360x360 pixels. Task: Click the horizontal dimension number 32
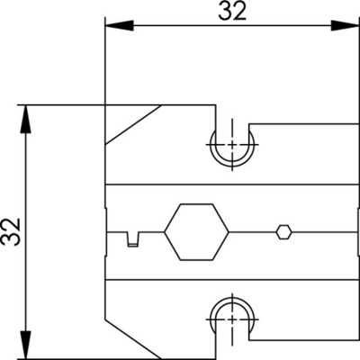(232, 12)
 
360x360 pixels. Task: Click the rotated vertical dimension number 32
(11, 231)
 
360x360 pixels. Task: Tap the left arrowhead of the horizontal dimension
(119, 25)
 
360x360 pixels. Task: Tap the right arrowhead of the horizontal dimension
(345, 25)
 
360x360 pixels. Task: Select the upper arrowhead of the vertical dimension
(26, 119)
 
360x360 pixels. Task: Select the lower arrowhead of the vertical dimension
(26, 345)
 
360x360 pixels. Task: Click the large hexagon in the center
(196, 232)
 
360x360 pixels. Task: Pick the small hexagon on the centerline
(283, 232)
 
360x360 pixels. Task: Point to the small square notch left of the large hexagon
(133, 238)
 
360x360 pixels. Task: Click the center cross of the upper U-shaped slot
(232, 145)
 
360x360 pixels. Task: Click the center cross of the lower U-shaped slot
(232, 319)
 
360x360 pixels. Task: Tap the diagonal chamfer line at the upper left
(133, 125)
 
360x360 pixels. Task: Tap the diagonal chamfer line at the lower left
(133, 338)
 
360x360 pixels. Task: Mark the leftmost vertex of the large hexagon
(164, 232)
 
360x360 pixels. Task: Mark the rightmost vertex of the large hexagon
(229, 232)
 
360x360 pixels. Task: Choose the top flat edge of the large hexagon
(196, 204)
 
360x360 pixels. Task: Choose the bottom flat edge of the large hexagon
(196, 260)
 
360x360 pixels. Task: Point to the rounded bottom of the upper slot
(232, 165)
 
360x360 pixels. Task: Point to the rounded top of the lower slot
(232, 299)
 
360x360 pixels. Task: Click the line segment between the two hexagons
(252, 232)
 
